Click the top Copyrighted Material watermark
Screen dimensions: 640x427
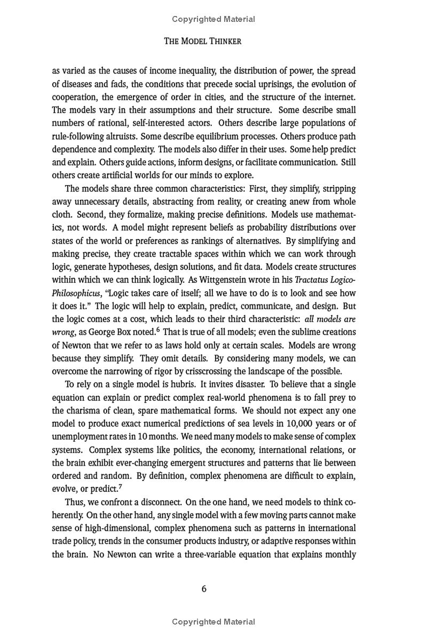(x=213, y=19)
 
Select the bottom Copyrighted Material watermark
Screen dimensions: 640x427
(x=213, y=621)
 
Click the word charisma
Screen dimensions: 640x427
(x=85, y=411)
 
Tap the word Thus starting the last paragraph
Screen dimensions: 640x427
(x=75, y=502)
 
